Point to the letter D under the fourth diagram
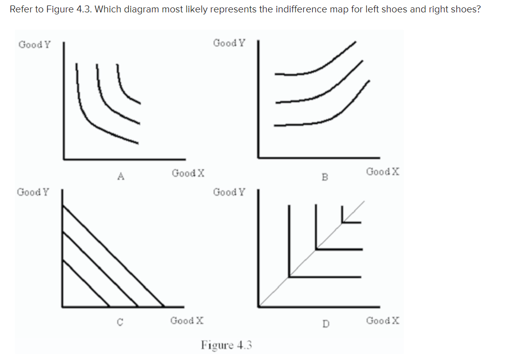tap(325, 324)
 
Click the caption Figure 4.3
tap(227, 345)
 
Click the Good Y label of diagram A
tap(34, 45)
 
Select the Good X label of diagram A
tap(189, 173)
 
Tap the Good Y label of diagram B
tap(229, 43)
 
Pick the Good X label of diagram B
tap(383, 172)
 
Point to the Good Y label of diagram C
tap(33, 192)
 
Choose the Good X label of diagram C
tap(187, 320)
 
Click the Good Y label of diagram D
tap(229, 192)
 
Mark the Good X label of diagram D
tap(383, 320)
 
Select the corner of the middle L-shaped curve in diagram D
tap(316, 249)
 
